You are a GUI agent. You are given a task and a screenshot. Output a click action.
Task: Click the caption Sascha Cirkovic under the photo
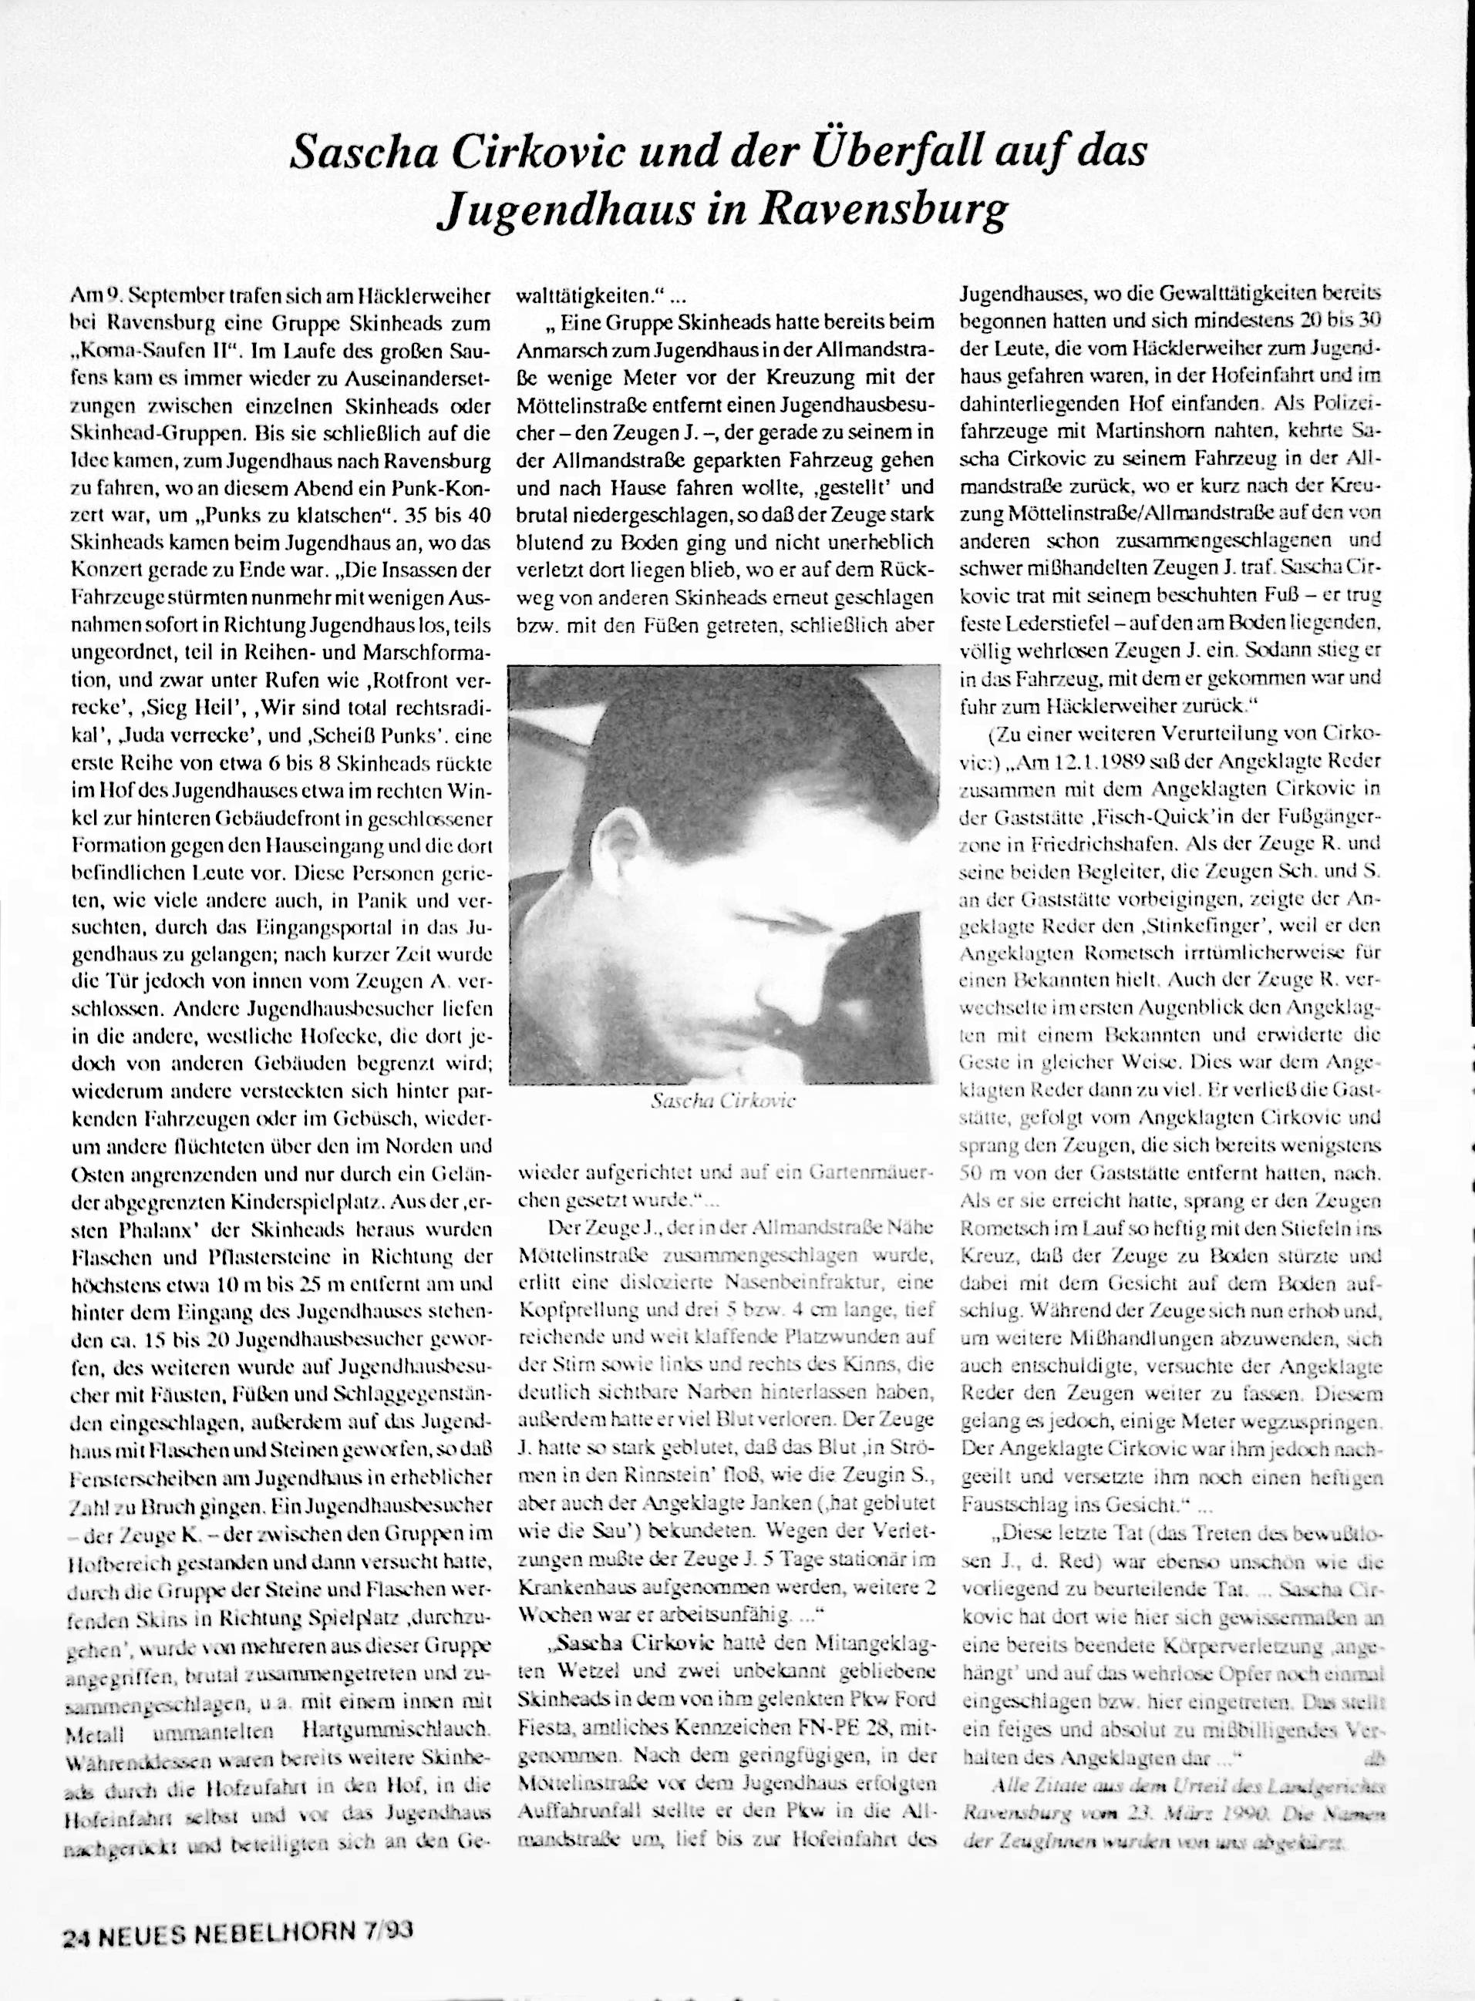point(724,1101)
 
